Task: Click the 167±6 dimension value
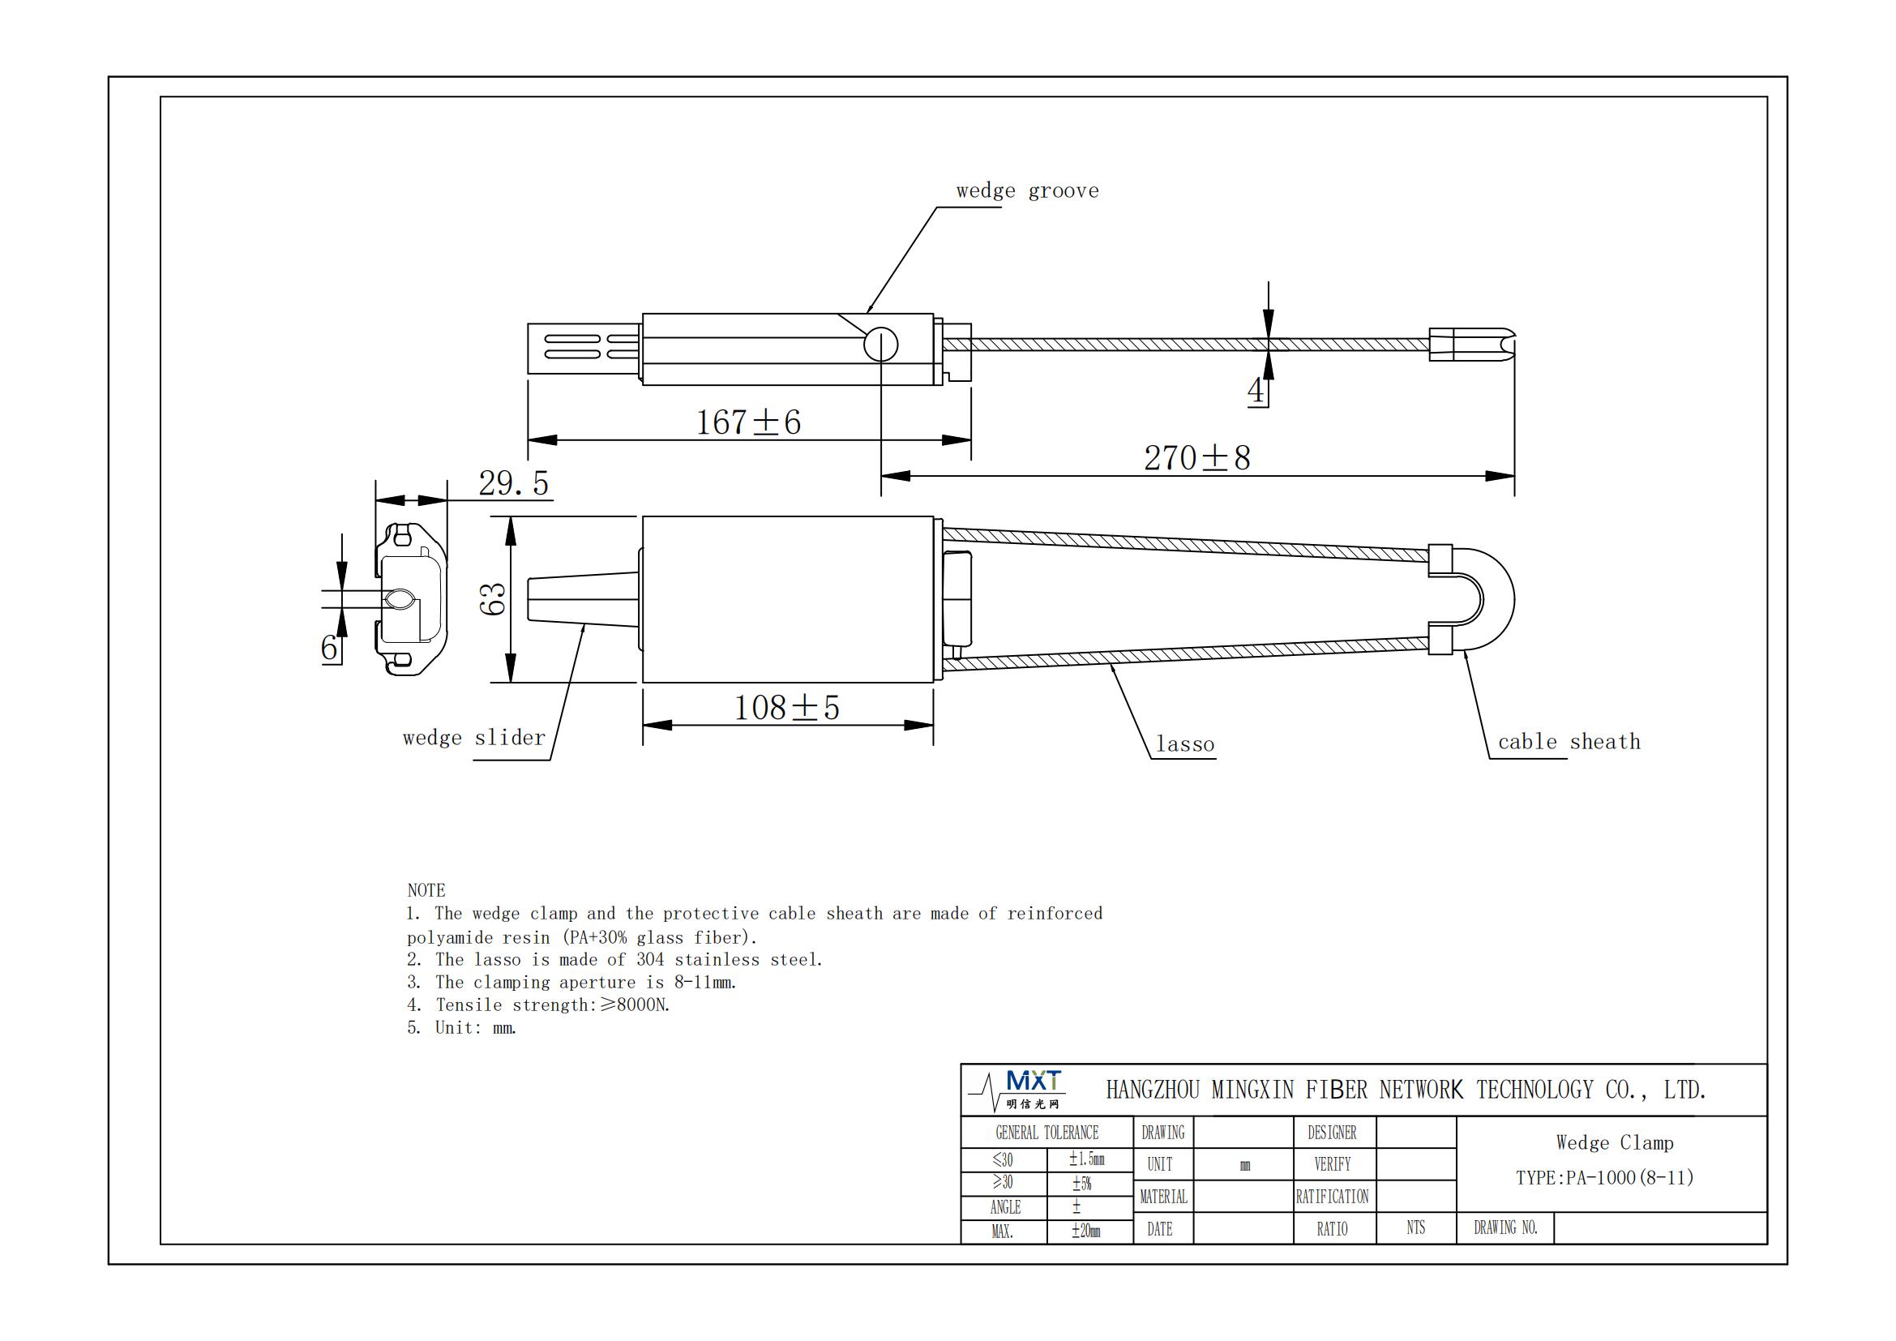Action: [748, 422]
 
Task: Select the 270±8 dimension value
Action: [1196, 458]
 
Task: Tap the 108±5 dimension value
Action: [786, 708]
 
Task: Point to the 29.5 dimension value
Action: [514, 484]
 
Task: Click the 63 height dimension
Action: [493, 598]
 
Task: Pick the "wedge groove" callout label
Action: [1027, 191]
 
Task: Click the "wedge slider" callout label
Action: [474, 737]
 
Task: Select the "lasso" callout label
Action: [1185, 745]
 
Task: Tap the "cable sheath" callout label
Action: [1569, 742]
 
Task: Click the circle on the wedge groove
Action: [880, 345]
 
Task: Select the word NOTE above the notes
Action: [426, 890]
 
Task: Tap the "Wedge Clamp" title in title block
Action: [1615, 1143]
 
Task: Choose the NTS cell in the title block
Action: [1415, 1227]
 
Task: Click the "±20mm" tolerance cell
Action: [1086, 1232]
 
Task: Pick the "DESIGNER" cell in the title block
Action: [1332, 1133]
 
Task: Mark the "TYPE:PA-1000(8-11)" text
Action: [1604, 1178]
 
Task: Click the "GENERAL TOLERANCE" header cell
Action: [1046, 1133]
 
